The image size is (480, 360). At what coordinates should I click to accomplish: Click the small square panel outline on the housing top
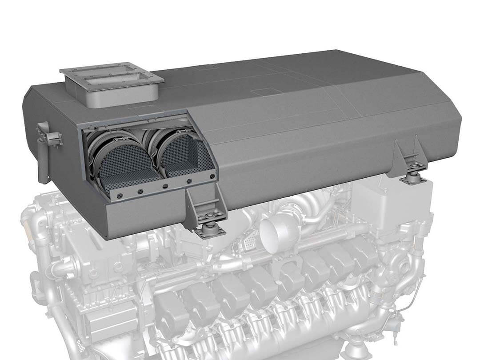pyautogui.click(x=260, y=92)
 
